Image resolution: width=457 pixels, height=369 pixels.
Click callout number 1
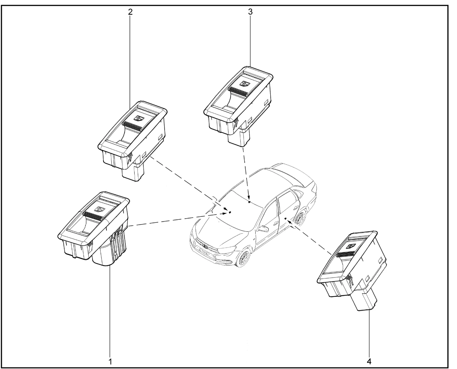point(110,361)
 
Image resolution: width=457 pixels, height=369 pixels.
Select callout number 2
point(130,12)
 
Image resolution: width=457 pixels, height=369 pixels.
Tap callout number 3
point(250,12)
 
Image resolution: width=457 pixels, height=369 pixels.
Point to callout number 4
point(369,361)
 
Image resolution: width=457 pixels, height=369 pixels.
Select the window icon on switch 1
point(100,209)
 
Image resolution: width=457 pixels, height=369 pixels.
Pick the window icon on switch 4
point(351,246)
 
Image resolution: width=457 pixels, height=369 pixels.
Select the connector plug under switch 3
point(239,135)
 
